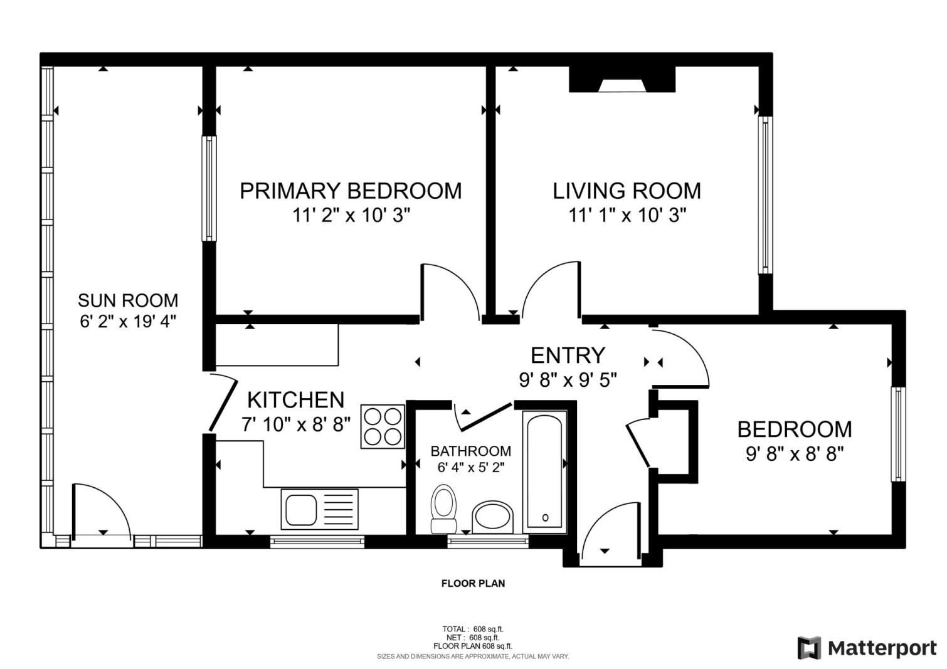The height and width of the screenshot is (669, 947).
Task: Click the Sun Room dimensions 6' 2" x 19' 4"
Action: coord(129,322)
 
